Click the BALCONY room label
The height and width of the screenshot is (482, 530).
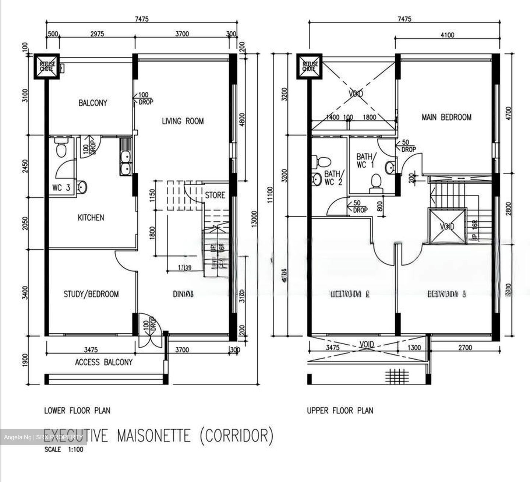(92, 103)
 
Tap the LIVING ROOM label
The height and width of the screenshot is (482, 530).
(183, 121)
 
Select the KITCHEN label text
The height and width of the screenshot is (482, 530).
(91, 218)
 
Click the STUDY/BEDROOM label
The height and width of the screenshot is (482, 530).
(91, 294)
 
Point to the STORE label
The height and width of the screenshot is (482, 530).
(215, 195)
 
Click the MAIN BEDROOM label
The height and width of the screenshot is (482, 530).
(446, 117)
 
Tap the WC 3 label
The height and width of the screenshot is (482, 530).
(61, 188)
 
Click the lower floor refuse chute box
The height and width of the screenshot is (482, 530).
(47, 66)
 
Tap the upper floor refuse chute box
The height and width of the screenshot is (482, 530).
(309, 66)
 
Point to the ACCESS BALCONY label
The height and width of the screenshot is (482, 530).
(103, 362)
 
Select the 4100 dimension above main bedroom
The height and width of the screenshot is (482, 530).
(447, 35)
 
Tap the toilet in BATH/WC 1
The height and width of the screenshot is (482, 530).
(376, 183)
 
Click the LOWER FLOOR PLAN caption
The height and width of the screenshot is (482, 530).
(77, 410)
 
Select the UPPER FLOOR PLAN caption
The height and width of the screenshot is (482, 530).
(340, 410)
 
